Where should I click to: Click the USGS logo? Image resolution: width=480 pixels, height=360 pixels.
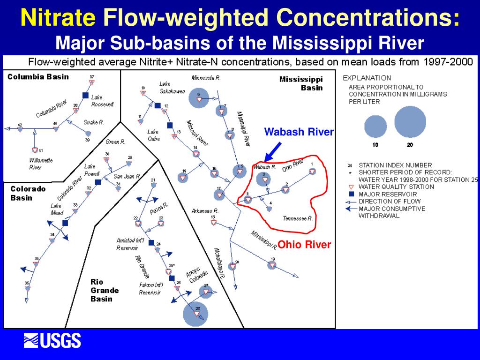[52, 340]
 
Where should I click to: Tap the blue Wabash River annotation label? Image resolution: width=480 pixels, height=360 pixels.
[299, 132]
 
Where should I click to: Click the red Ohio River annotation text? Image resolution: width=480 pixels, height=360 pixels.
[304, 245]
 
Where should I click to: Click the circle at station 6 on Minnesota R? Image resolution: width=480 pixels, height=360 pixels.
[199, 97]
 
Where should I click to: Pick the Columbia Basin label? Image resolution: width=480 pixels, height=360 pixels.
[38, 77]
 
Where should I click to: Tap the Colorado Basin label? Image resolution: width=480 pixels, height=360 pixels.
[28, 193]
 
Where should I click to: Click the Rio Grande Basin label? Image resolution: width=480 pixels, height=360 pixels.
[105, 290]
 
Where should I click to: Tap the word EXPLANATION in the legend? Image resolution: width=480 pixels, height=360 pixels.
[367, 78]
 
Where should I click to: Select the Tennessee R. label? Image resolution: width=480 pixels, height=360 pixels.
[298, 218]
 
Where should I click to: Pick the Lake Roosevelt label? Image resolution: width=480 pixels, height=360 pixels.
[102, 101]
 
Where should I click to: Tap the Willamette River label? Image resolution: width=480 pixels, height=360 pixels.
[41, 164]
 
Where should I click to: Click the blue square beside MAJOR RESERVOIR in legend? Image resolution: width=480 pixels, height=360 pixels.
[350, 194]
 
